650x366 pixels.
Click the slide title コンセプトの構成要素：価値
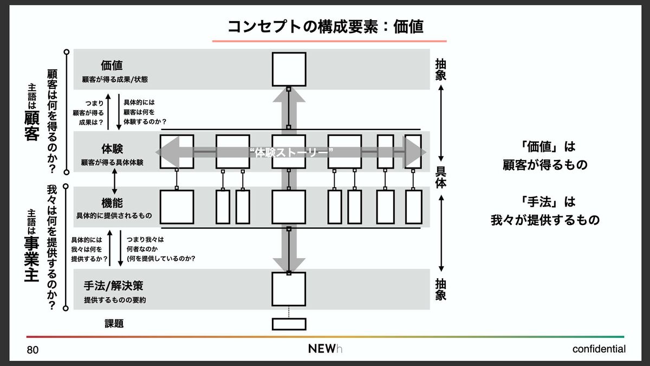point(325,26)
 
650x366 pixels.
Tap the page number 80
point(32,350)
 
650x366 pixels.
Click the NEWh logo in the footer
point(325,349)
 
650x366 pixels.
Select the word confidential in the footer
point(599,349)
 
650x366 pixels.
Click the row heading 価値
point(112,66)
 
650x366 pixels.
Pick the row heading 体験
point(112,149)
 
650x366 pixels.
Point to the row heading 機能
point(112,203)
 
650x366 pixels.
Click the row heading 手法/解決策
point(113,285)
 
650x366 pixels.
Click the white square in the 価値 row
point(289,69)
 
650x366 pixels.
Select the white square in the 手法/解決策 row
point(289,288)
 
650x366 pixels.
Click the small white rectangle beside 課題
point(289,324)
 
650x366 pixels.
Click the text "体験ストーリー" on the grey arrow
point(292,152)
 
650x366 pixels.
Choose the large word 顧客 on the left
point(31,126)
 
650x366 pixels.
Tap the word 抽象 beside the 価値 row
point(441,69)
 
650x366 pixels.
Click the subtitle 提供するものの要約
point(115,300)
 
